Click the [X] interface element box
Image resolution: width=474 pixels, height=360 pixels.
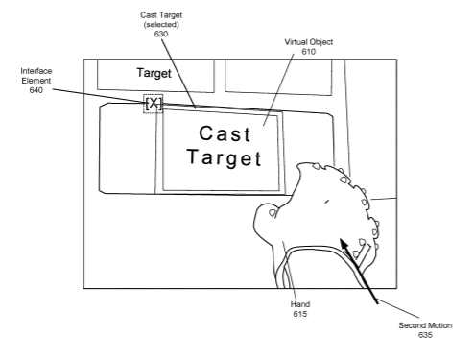154,104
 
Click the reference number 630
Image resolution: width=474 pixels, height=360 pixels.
161,34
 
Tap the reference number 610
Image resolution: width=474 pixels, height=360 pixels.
309,52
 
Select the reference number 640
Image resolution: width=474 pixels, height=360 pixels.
36,90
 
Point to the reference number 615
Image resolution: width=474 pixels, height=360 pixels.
300,314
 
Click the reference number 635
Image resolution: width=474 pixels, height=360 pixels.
425,335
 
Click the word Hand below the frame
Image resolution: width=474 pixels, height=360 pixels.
300,304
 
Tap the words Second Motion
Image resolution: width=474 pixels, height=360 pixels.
425,325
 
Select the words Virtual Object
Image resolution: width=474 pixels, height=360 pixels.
309,42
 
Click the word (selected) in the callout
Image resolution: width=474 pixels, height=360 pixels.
161,25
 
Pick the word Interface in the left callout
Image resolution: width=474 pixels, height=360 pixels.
36,71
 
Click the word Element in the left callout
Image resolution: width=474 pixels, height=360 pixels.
36,81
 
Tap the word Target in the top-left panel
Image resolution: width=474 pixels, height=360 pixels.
154,73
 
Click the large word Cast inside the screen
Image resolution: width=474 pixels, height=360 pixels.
225,133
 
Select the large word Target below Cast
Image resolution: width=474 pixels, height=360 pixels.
225,158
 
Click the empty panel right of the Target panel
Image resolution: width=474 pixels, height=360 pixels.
278,77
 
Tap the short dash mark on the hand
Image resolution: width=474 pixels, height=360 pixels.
326,202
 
